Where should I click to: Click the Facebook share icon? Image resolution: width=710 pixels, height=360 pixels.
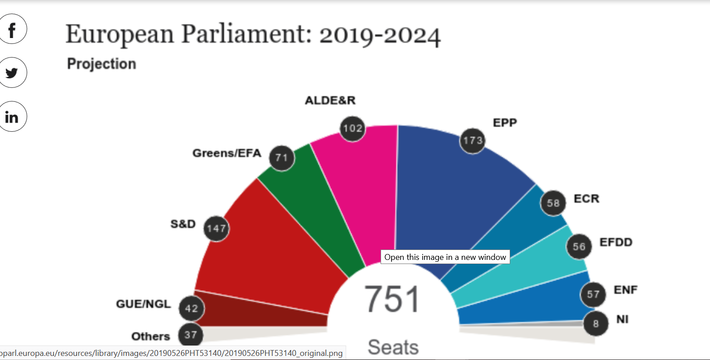click(x=12, y=29)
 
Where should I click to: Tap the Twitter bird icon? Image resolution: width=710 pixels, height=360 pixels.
click(x=12, y=72)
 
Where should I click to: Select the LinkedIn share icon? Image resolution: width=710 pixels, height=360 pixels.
click(x=12, y=117)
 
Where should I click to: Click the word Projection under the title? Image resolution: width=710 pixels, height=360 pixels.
click(x=101, y=64)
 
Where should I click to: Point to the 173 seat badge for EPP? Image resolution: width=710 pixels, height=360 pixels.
click(x=473, y=140)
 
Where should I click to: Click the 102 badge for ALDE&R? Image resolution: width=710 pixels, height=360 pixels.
click(x=353, y=128)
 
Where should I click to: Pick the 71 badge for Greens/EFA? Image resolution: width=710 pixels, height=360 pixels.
click(x=282, y=158)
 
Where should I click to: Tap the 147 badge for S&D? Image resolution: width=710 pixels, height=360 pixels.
click(x=216, y=228)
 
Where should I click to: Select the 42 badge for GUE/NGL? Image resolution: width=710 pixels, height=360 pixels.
click(x=192, y=308)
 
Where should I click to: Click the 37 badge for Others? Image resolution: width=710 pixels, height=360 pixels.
click(x=191, y=335)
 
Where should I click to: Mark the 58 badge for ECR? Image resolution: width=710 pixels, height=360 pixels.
click(x=553, y=203)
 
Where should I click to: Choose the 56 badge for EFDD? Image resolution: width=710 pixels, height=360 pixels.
click(x=579, y=247)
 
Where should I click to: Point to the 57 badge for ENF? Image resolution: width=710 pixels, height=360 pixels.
click(x=593, y=294)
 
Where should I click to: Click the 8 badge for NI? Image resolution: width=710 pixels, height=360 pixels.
click(x=595, y=323)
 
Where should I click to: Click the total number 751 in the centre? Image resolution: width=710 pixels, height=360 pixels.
click(x=392, y=299)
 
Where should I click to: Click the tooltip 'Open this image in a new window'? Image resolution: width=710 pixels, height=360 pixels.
click(x=445, y=257)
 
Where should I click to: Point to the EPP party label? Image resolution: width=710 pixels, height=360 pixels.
click(x=505, y=123)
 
